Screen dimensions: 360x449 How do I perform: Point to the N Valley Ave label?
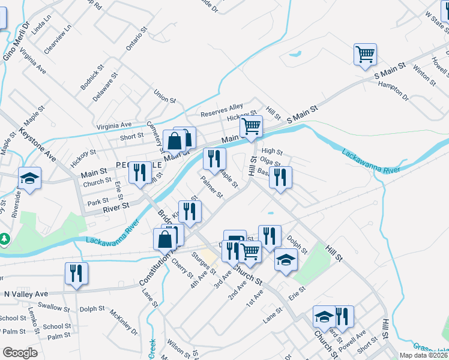click(25, 294)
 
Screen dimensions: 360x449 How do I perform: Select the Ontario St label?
click(137, 39)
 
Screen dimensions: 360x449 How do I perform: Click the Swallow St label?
click(54, 307)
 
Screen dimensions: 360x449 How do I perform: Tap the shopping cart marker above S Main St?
click(365, 55)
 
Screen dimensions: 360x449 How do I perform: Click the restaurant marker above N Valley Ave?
click(77, 274)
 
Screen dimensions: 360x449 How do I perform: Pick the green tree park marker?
click(5, 239)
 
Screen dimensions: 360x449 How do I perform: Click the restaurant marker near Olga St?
click(280, 178)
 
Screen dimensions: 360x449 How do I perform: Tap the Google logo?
click(20, 353)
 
